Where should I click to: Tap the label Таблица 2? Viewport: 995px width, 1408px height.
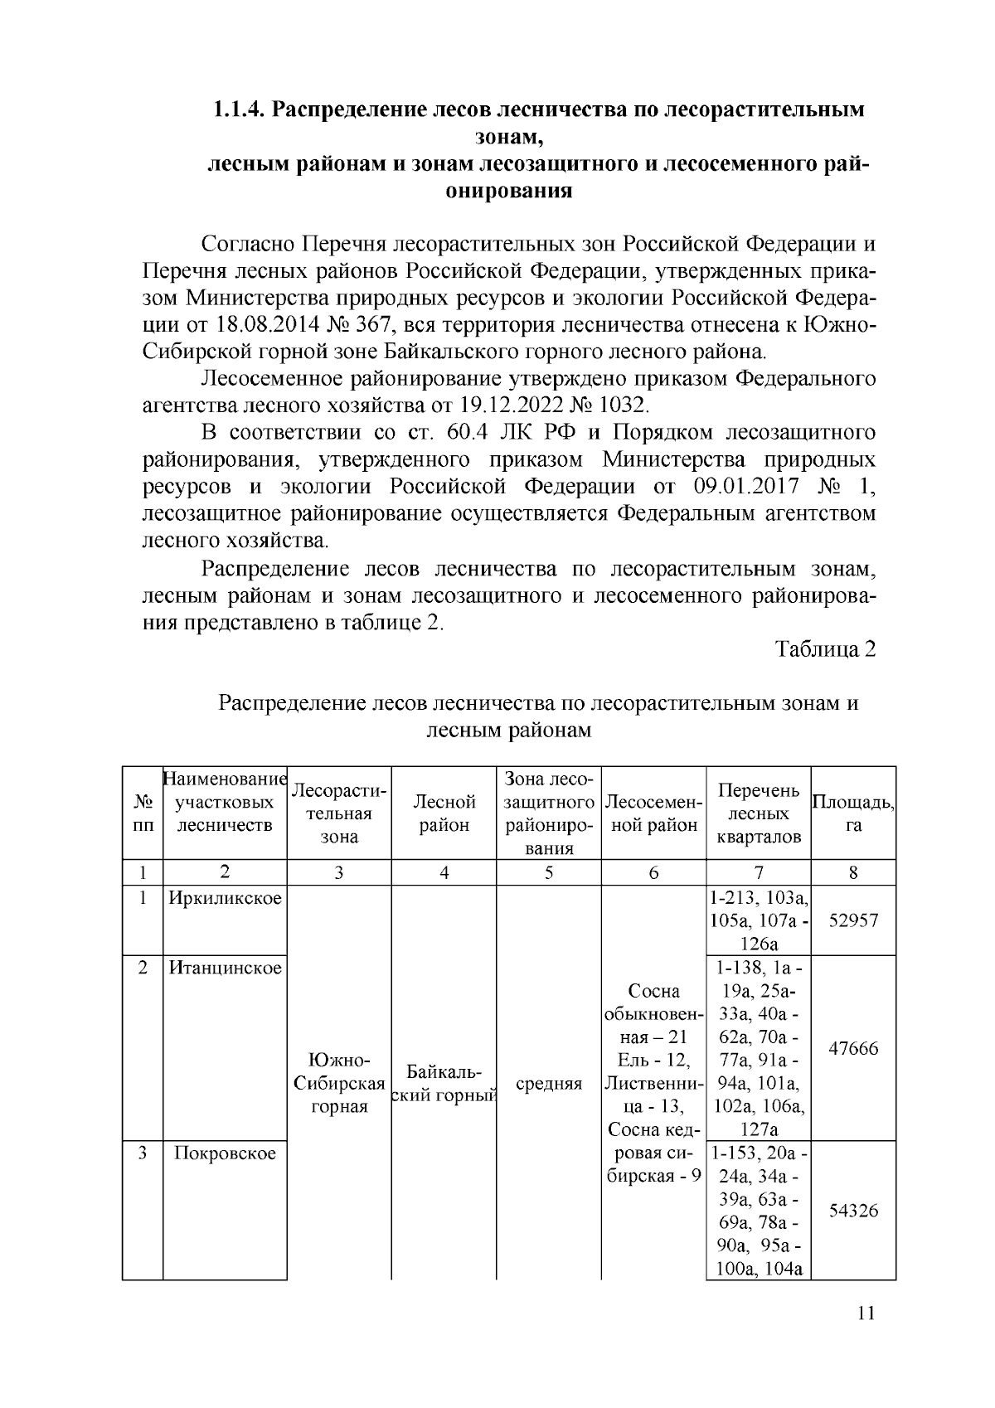click(825, 649)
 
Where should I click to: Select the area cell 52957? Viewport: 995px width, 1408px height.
click(853, 920)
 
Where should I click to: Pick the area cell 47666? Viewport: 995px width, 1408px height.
click(853, 1048)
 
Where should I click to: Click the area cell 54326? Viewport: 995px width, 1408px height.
click(853, 1210)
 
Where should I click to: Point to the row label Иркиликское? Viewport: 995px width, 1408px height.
click(225, 898)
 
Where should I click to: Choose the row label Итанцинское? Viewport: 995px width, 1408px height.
click(225, 968)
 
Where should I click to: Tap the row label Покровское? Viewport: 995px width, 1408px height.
click(225, 1153)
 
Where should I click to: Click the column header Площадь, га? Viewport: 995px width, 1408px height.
click(853, 813)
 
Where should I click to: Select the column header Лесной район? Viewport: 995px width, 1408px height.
click(444, 813)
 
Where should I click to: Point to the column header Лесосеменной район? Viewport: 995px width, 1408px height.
click(653, 813)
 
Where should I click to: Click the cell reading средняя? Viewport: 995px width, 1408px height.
click(548, 1084)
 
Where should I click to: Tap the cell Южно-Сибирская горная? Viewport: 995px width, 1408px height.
click(339, 1084)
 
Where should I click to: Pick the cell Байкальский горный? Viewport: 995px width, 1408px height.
click(444, 1084)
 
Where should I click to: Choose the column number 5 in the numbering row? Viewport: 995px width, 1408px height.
click(548, 872)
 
